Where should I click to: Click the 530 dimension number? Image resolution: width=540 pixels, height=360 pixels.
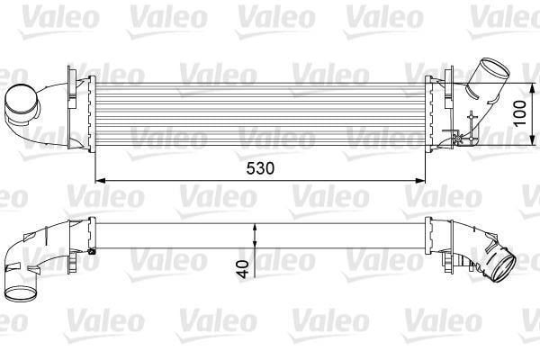[260, 168]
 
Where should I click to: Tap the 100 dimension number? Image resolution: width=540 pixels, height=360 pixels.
[519, 113]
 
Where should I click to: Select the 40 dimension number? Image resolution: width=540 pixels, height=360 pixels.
[243, 269]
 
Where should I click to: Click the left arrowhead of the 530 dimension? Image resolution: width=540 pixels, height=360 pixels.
[100, 181]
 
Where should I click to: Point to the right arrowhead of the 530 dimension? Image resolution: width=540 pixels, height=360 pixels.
[420, 181]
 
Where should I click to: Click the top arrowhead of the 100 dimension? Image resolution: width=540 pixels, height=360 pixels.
[533, 88]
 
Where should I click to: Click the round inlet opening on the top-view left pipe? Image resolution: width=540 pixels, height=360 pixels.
[21, 101]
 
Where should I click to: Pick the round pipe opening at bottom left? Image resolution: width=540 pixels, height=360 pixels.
[21, 293]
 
